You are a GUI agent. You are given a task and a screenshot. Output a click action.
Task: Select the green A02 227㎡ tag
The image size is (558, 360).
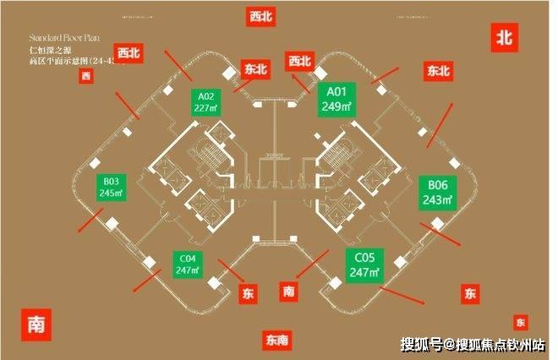(205, 101)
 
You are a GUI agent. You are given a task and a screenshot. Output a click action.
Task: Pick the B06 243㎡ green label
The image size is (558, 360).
(438, 191)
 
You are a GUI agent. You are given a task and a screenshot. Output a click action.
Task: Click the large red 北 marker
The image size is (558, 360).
(505, 37)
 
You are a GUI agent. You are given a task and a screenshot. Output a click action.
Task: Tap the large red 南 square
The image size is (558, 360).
(36, 324)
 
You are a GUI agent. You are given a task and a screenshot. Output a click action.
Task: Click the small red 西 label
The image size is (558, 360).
(85, 77)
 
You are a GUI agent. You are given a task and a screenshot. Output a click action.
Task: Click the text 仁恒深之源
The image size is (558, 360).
(47, 52)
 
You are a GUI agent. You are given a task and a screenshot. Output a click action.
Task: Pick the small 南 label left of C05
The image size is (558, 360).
(289, 291)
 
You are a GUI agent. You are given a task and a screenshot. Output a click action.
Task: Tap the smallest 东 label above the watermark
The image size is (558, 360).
(519, 322)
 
